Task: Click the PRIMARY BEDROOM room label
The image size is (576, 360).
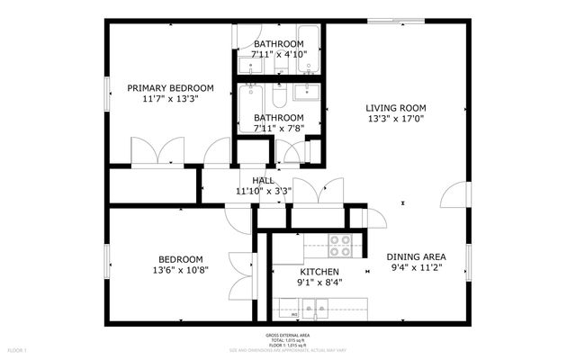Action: click(x=170, y=87)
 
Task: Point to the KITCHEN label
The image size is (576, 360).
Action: click(x=319, y=272)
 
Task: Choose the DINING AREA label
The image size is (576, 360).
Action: click(x=418, y=256)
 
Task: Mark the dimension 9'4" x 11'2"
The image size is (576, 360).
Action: click(x=418, y=267)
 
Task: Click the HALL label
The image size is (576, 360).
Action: click(x=263, y=181)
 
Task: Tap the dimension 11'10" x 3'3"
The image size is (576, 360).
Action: click(x=263, y=191)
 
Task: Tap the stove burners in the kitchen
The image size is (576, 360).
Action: click(x=339, y=240)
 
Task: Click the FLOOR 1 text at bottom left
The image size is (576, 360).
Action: click(x=17, y=349)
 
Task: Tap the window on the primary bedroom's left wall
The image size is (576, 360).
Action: click(x=107, y=94)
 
